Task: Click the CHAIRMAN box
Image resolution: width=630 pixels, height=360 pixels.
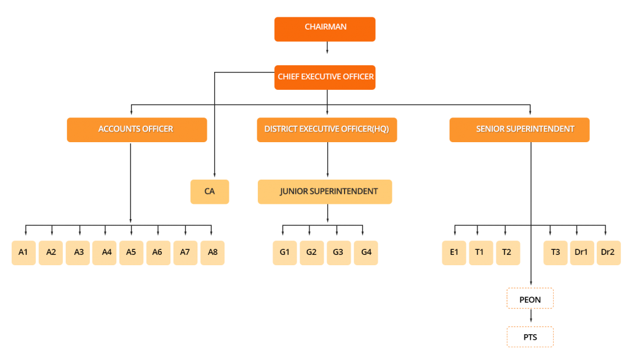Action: (325, 29)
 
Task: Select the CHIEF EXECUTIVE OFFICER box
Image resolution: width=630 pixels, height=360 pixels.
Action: (325, 78)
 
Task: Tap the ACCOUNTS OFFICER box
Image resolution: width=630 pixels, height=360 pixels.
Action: (137, 130)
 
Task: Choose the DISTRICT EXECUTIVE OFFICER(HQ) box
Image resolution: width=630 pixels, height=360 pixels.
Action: (327, 130)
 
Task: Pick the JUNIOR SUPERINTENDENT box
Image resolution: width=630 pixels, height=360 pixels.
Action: (325, 191)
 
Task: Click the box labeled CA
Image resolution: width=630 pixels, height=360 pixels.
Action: (210, 191)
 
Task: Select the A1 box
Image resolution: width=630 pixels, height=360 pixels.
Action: (23, 253)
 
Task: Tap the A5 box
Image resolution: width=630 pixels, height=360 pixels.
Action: (131, 253)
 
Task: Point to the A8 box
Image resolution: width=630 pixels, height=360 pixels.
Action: (212, 253)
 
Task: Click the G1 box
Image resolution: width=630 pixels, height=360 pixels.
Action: (285, 253)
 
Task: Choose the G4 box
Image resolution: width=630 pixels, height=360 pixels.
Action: (366, 253)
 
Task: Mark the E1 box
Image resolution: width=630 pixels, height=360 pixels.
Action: (454, 253)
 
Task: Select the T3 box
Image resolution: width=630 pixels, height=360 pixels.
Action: (556, 253)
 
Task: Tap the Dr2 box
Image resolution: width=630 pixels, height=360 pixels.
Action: (609, 253)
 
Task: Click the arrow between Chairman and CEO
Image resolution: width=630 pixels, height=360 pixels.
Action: (327, 49)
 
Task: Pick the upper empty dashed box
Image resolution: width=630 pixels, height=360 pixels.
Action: (530, 298)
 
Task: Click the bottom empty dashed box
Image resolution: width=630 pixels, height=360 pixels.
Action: (530, 337)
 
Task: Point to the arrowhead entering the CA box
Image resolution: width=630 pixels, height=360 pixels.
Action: (214, 175)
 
